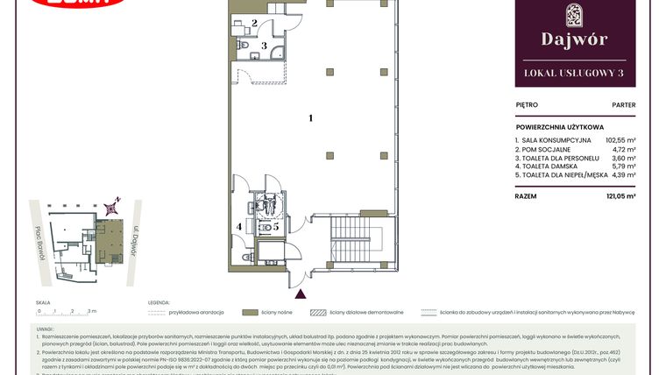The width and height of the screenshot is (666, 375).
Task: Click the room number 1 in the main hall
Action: pyautogui.click(x=310, y=117)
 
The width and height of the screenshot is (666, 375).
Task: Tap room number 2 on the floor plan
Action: pyautogui.click(x=254, y=24)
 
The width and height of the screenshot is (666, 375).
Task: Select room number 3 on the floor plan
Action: pyautogui.click(x=264, y=45)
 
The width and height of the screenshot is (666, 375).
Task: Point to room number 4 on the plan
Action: pyautogui.click(x=239, y=227)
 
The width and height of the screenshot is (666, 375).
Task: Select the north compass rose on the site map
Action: pyautogui.click(x=110, y=209)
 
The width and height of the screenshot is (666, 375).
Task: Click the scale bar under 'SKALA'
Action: pyautogui.click(x=67, y=311)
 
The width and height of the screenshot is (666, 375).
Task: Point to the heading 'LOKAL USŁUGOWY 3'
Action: pyautogui.click(x=574, y=74)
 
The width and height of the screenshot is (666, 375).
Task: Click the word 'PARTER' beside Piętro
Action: pyautogui.click(x=623, y=104)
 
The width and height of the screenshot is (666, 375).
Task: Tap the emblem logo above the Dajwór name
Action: pyautogui.click(x=574, y=14)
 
